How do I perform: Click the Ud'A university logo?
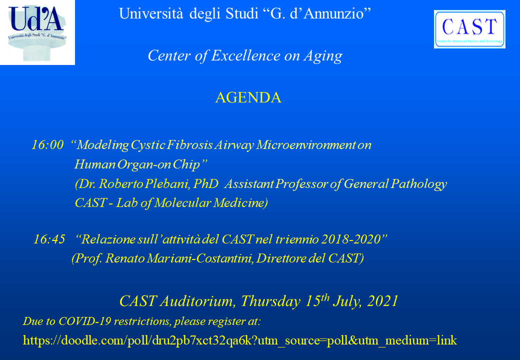tap(37, 32)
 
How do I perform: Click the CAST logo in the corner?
tap(469, 29)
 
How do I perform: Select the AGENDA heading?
tap(248, 98)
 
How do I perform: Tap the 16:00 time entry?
tap(47, 145)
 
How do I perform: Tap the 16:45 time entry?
tap(49, 239)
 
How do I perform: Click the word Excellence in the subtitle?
tap(245, 55)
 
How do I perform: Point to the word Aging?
tap(323, 56)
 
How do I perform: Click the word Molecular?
tap(182, 203)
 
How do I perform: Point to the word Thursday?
tap(270, 301)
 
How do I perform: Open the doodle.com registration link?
tap(240, 340)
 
